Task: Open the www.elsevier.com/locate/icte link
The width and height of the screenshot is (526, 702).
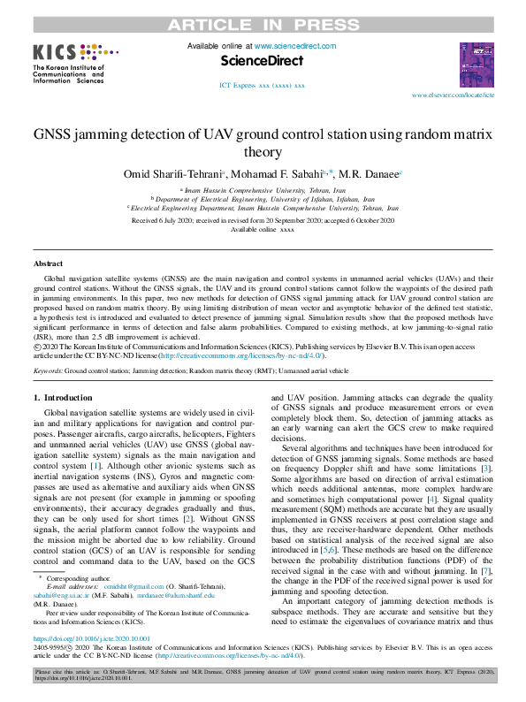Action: (x=454, y=94)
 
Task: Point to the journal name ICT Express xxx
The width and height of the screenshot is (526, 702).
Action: (x=262, y=86)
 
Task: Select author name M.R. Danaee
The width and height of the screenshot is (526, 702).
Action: (x=373, y=175)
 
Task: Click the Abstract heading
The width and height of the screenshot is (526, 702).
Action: (x=48, y=264)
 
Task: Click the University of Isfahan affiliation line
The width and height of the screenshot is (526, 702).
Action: (x=262, y=199)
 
